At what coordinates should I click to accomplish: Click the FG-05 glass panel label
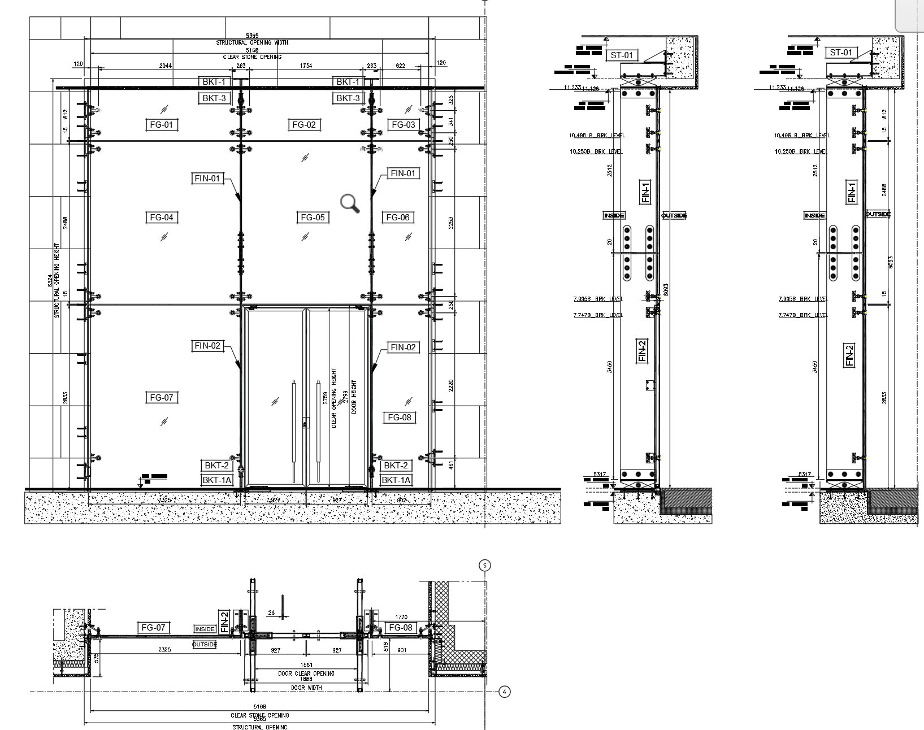tap(313, 217)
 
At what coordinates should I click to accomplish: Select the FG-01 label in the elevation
tap(161, 124)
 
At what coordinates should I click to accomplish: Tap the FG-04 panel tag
tap(161, 217)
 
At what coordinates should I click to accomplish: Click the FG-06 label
tap(397, 217)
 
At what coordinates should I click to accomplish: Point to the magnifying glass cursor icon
tap(349, 203)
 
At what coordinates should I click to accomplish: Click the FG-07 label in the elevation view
tap(161, 397)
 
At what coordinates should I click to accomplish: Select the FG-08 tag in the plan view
tap(400, 628)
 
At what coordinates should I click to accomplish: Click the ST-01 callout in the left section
tap(622, 55)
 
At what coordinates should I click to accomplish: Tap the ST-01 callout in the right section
tap(840, 53)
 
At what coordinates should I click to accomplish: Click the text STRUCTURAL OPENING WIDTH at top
tap(252, 42)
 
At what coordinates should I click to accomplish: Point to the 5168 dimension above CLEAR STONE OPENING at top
tap(252, 50)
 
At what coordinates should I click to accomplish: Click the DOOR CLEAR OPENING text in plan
tap(306, 673)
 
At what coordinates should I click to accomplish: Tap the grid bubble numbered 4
tap(505, 691)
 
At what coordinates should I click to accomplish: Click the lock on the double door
tap(306, 423)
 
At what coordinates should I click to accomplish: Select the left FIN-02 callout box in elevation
tap(207, 345)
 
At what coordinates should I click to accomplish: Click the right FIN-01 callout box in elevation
tap(403, 173)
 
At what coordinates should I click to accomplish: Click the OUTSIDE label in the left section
tap(673, 215)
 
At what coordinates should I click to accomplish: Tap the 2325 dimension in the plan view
tap(164, 650)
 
